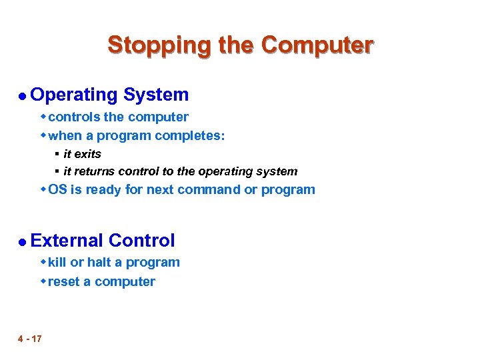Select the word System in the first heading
tap(158, 95)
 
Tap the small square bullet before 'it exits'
tap(57, 155)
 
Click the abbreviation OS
tap(57, 190)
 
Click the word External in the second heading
tap(67, 241)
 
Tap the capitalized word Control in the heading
tap(141, 241)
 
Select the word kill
tap(57, 263)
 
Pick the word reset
tap(63, 282)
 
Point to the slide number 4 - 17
tap(30, 339)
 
